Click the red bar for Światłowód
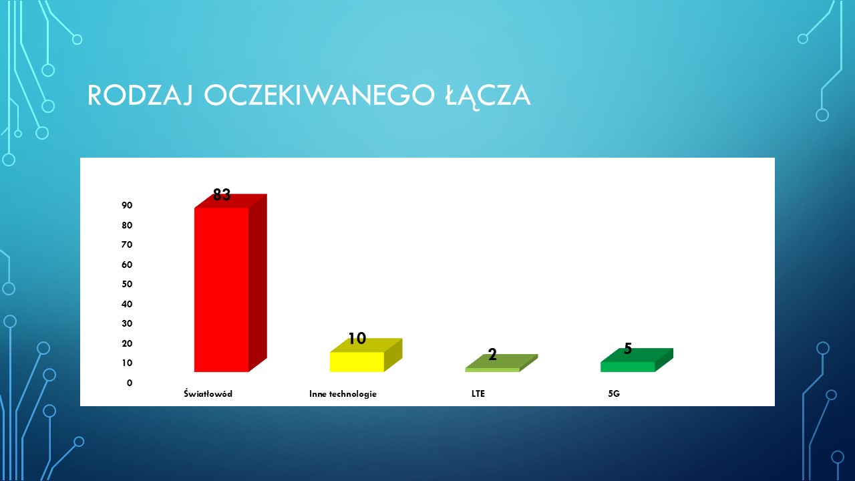pos(230,283)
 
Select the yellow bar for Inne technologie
pos(365,355)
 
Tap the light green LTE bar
pos(501,363)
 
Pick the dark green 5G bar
pos(637,360)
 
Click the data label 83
pos(222,194)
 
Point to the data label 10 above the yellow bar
pos(357,339)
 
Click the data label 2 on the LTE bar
pos(492,355)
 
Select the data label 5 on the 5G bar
pos(628,349)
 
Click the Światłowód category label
pos(208,393)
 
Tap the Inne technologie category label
pos(343,394)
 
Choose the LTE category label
pos(478,393)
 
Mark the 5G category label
pos(614,393)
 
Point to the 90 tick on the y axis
pos(127,205)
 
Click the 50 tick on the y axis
pos(127,284)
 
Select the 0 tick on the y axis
pos(130,383)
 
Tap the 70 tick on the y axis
pos(127,245)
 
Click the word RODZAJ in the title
pos(140,95)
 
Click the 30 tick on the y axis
pos(127,324)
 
